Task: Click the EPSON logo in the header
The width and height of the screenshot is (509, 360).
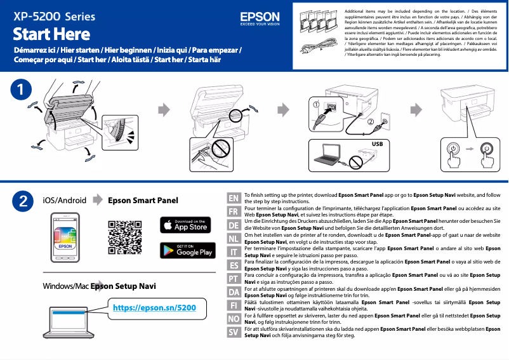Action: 260,17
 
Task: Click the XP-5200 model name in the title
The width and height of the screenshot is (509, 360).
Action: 37,15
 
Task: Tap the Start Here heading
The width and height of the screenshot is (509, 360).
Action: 51,33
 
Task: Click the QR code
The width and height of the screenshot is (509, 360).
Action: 124,237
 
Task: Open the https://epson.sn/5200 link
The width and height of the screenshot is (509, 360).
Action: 154,308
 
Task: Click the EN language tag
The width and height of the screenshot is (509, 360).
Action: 234,198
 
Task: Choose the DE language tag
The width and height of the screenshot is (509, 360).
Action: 234,225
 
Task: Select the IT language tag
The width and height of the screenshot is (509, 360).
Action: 234,251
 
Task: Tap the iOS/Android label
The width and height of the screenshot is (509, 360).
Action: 64,201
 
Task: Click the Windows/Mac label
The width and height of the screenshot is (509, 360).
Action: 65,286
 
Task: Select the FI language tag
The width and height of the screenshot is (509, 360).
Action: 234,305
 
